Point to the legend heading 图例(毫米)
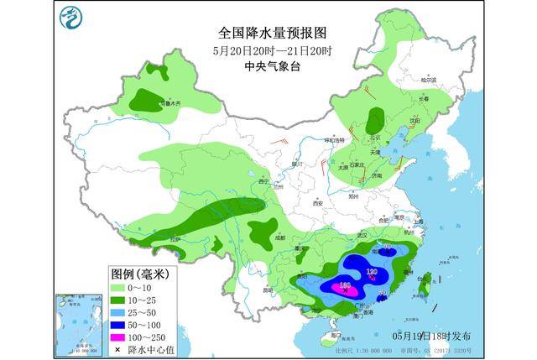(140, 274)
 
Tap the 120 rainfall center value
(371, 272)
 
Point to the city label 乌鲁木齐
(171, 104)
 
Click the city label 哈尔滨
(429, 81)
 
